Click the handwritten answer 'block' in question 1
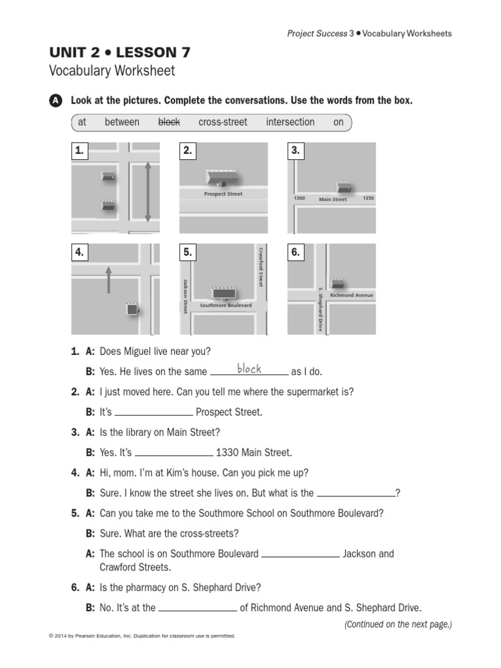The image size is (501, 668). coord(249,369)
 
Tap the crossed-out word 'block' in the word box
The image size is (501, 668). coord(170,122)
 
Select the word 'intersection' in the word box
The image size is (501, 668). coord(290,122)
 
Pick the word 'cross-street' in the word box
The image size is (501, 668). coord(222,122)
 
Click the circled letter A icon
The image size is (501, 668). coord(56,101)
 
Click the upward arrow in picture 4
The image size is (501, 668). coord(108,279)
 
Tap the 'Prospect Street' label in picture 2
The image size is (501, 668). coord(223,194)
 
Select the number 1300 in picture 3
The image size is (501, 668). coord(299,198)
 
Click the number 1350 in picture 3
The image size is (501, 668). coord(369,198)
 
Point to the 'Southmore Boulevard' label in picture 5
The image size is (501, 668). coord(226,305)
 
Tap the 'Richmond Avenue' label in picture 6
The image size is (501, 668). coord(351,296)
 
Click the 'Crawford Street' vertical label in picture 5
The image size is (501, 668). coord(260,266)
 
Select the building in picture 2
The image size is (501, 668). coord(222,176)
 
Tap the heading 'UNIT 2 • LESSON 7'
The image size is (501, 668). coord(120,53)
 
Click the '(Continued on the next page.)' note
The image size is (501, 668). coord(398,624)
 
